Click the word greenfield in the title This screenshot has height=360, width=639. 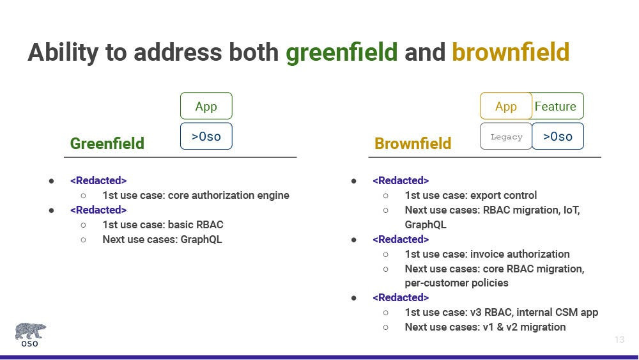[x=341, y=53]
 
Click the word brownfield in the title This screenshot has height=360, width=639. [x=511, y=52]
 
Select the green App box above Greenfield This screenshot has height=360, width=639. [x=206, y=106]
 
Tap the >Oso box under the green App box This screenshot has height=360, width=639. [x=206, y=136]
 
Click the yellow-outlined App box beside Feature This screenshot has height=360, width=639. [x=505, y=106]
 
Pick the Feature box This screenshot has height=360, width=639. [x=557, y=106]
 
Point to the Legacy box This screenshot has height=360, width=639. [x=505, y=136]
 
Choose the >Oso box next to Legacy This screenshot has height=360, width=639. [x=557, y=136]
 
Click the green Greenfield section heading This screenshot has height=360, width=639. [x=107, y=143]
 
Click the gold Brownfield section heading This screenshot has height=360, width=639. [x=413, y=143]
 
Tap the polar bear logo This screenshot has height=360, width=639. [x=31, y=334]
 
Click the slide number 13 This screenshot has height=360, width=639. [x=619, y=339]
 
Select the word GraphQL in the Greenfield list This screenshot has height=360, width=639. [x=201, y=239]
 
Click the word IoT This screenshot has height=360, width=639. [x=571, y=210]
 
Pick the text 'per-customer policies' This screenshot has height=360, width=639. [x=456, y=283]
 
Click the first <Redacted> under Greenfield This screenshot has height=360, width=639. [x=98, y=180]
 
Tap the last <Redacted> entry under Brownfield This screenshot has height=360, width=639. [x=401, y=297]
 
